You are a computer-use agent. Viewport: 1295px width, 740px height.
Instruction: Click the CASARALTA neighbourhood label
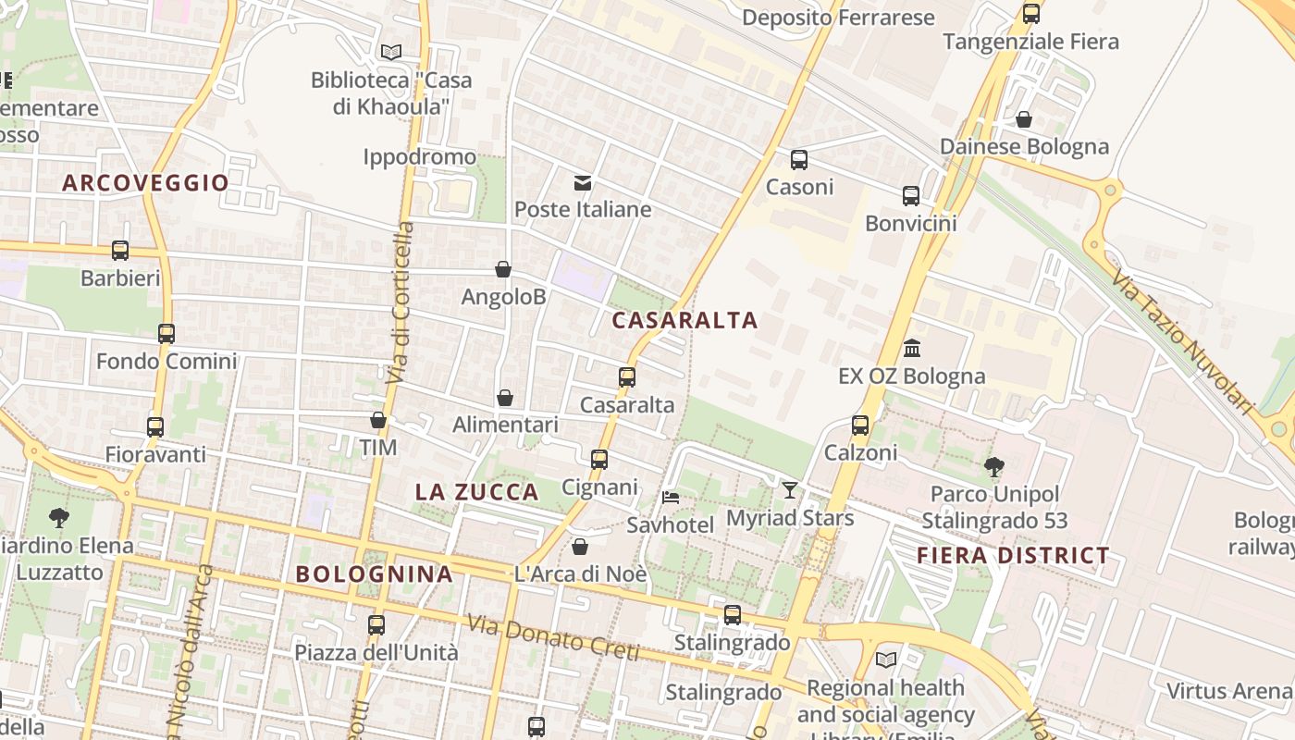pyautogui.click(x=684, y=321)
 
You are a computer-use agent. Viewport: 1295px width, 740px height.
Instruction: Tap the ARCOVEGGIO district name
pyautogui.click(x=145, y=183)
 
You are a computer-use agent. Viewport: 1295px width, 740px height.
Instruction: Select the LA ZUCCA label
pyautogui.click(x=476, y=492)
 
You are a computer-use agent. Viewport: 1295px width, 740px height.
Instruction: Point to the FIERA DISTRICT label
pyautogui.click(x=1013, y=556)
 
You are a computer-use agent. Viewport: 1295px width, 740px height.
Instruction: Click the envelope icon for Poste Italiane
pyautogui.click(x=583, y=183)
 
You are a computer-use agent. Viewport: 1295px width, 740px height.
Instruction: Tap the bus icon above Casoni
pyautogui.click(x=799, y=160)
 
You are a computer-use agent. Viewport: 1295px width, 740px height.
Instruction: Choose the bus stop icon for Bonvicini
pyautogui.click(x=911, y=196)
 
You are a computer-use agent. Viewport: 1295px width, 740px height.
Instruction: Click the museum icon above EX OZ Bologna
pyautogui.click(x=912, y=349)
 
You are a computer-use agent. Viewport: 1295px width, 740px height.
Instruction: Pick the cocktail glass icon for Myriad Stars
pyautogui.click(x=789, y=490)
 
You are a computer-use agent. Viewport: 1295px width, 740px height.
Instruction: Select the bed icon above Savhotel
pyautogui.click(x=671, y=498)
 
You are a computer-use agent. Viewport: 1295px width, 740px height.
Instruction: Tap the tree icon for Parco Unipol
pyautogui.click(x=994, y=466)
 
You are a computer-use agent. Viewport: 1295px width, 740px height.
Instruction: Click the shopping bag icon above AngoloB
pyautogui.click(x=503, y=269)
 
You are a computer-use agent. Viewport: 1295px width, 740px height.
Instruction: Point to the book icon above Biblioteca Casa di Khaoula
pyautogui.click(x=391, y=53)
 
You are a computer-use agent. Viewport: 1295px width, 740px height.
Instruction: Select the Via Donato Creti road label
pyautogui.click(x=553, y=638)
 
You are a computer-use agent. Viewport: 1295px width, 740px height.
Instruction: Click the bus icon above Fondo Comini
pyautogui.click(x=166, y=334)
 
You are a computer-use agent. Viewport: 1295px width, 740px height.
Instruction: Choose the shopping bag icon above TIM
pyautogui.click(x=378, y=421)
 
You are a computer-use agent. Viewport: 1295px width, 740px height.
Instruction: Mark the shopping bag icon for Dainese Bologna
pyautogui.click(x=1024, y=119)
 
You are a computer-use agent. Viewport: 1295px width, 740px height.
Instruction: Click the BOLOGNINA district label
pyautogui.click(x=375, y=574)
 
